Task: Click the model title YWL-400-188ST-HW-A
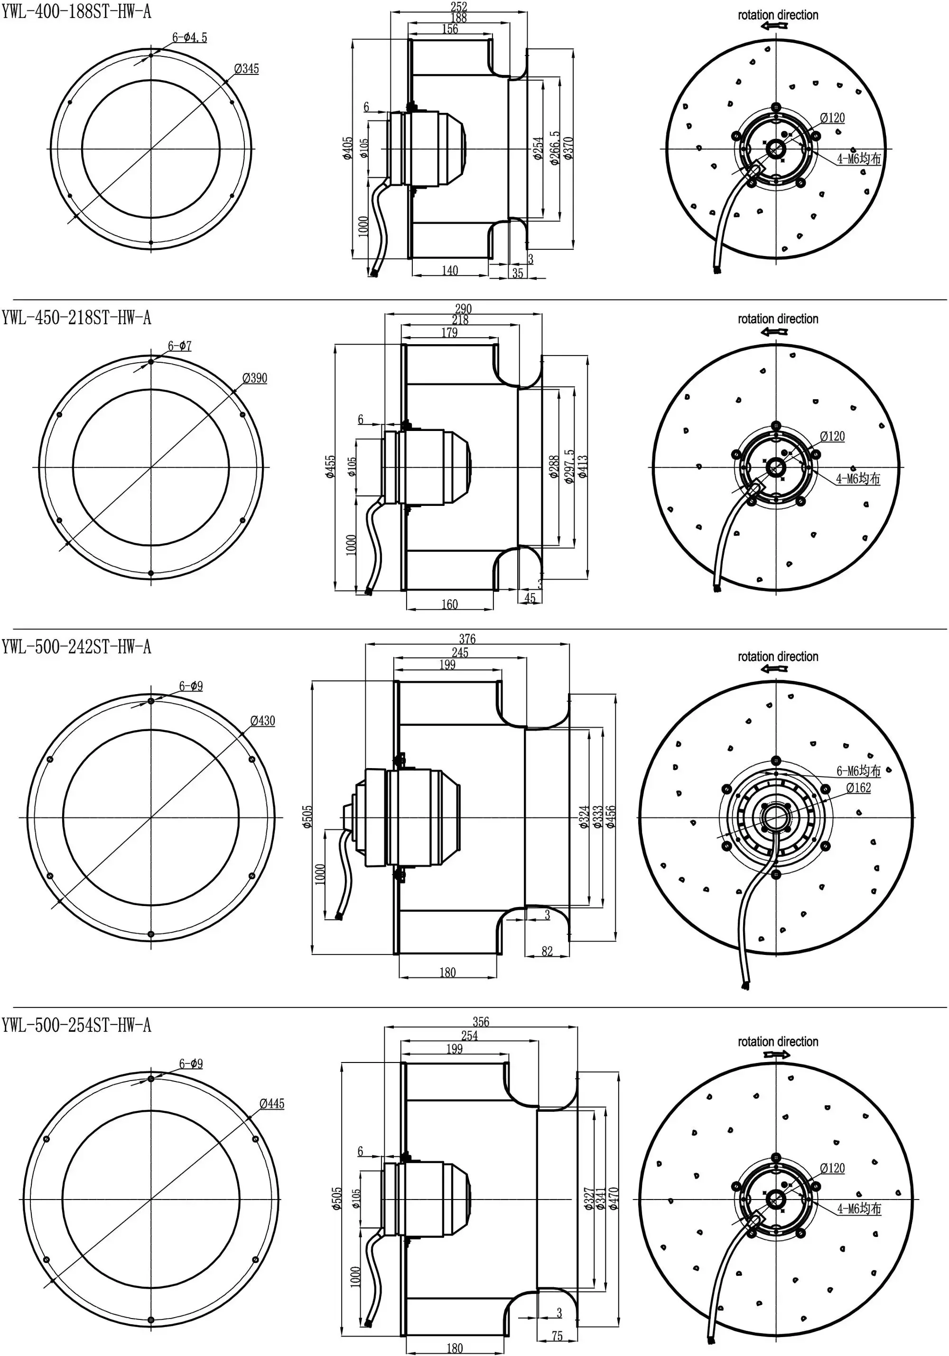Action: (75, 12)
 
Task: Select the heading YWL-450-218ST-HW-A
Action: (75, 318)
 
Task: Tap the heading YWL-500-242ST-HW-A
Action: (75, 647)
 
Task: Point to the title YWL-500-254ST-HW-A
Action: (75, 1025)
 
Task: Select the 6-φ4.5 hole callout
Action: (190, 37)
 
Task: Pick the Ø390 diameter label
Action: (255, 377)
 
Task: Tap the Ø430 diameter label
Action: (262, 721)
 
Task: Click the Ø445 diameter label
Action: (272, 1104)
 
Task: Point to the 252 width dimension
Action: (458, 7)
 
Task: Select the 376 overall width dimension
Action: (467, 639)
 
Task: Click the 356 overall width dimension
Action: (480, 1021)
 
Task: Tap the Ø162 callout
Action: (858, 788)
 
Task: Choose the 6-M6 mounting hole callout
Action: (858, 771)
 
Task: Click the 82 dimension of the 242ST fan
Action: (547, 951)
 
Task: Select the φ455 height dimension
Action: (331, 467)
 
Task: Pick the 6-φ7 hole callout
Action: (180, 346)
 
